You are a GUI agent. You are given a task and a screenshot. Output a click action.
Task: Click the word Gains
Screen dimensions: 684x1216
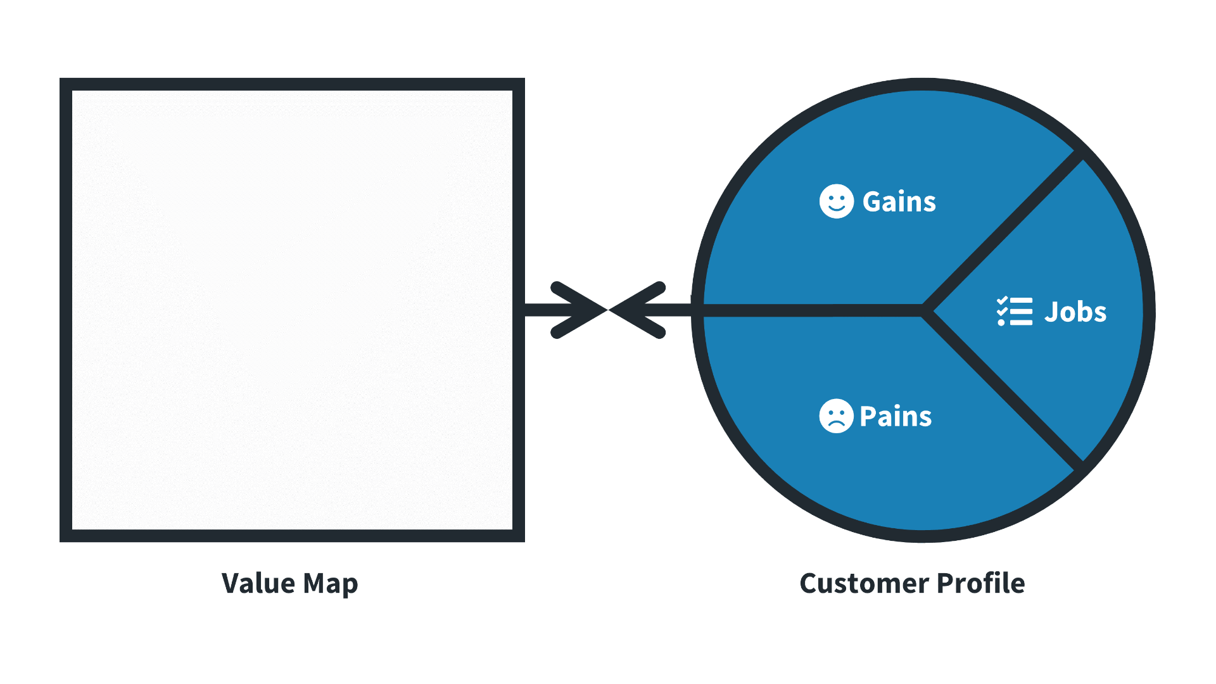(x=899, y=202)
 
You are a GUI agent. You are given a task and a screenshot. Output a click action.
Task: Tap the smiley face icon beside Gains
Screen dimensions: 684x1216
(x=836, y=201)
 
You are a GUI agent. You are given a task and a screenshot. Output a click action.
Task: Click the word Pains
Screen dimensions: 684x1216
(x=896, y=416)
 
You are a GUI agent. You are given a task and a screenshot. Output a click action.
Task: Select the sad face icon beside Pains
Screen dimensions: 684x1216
(x=836, y=416)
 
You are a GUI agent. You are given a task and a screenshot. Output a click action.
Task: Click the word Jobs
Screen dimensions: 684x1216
(x=1075, y=312)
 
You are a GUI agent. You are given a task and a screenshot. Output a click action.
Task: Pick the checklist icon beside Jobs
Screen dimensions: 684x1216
(x=1014, y=312)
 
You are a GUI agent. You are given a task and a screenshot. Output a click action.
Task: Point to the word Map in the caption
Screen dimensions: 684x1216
(x=331, y=584)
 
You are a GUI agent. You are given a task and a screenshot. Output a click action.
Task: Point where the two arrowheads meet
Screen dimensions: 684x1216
(x=608, y=310)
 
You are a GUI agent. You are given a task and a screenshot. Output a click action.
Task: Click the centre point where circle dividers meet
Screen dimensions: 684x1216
(x=925, y=310)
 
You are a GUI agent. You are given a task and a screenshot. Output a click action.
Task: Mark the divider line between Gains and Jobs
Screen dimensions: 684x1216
(x=1004, y=231)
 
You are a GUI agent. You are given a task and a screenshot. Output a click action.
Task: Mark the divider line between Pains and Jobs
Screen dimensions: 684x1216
(x=1004, y=389)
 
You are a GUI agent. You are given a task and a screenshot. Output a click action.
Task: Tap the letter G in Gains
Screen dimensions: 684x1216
(x=873, y=202)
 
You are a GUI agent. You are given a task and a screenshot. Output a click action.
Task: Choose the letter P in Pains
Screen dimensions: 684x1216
(x=868, y=416)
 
